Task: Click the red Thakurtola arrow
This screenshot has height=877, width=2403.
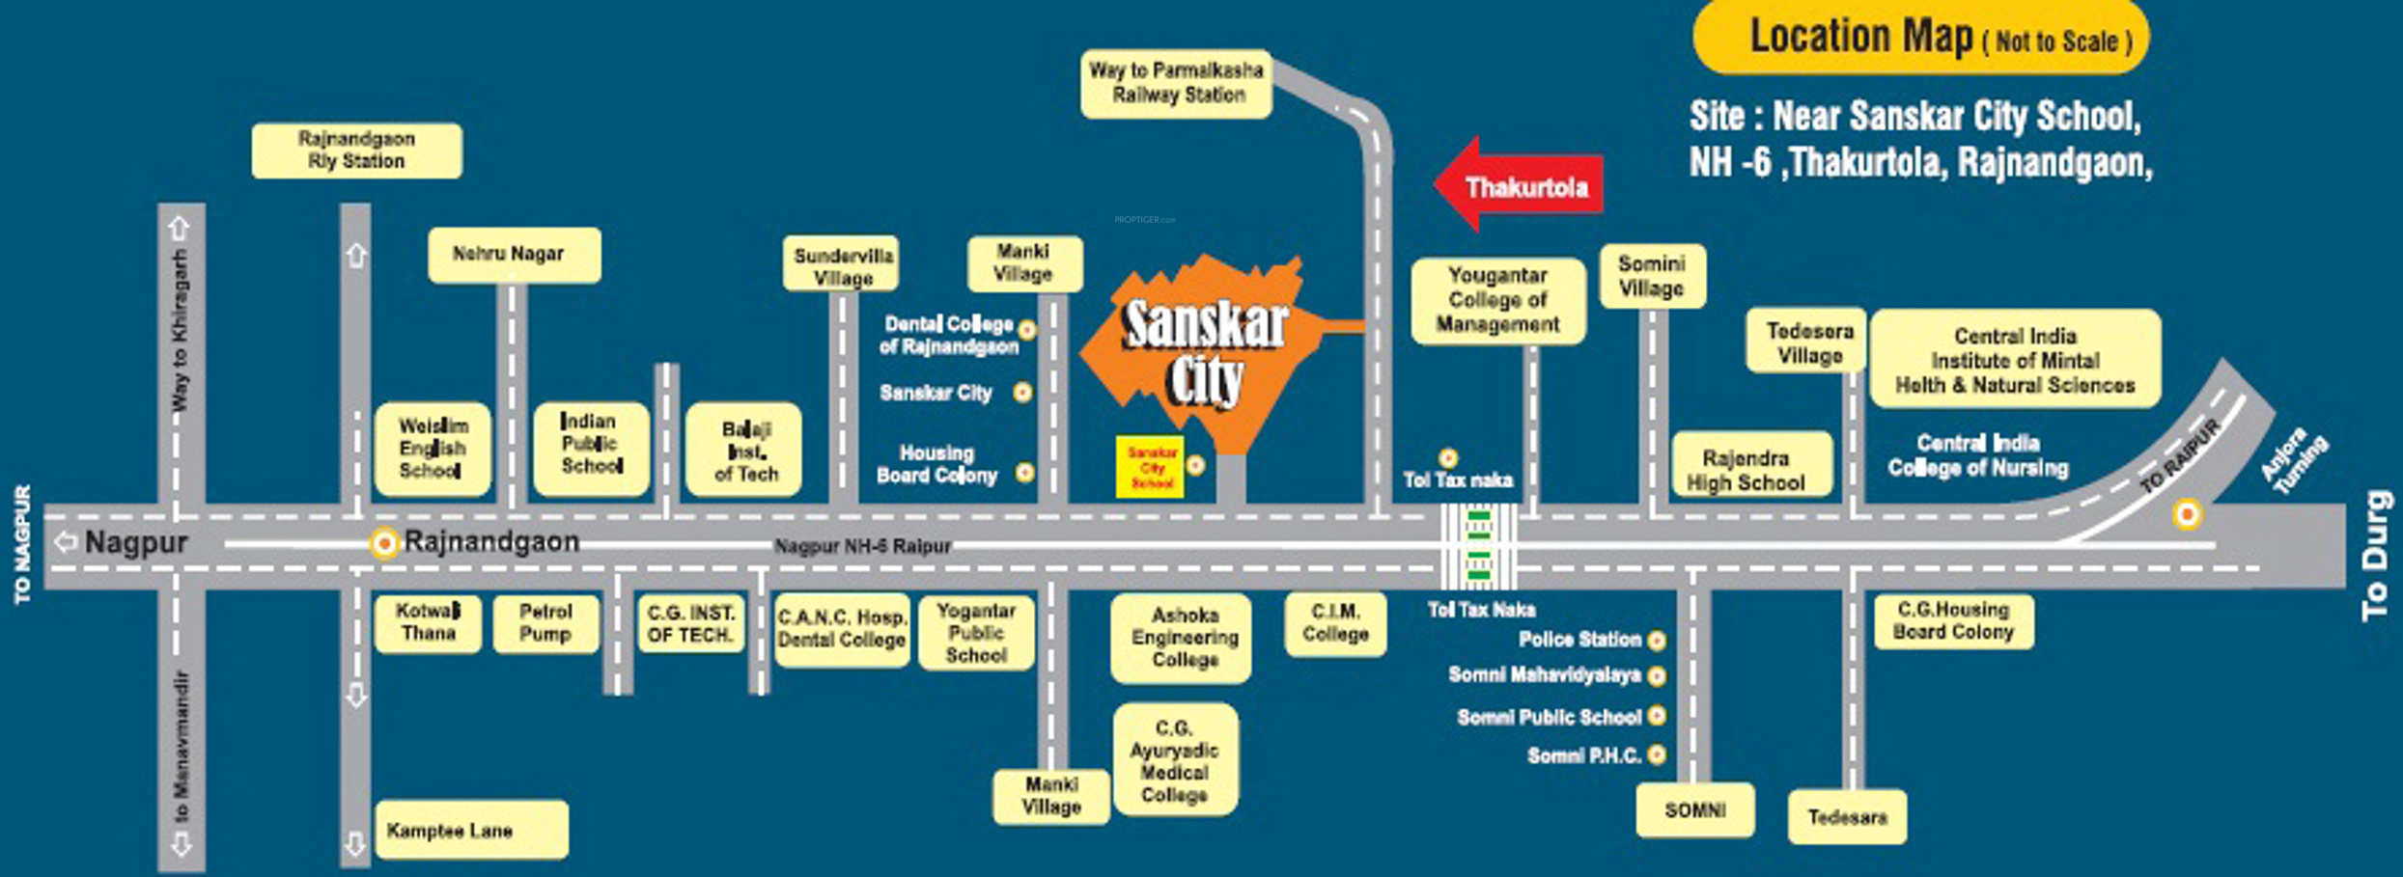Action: click(1517, 185)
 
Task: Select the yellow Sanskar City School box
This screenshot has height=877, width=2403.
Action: click(1151, 467)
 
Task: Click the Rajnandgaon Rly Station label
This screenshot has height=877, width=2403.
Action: click(356, 151)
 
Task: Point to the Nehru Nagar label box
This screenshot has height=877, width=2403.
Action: click(514, 255)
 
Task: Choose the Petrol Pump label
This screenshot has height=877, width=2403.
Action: click(545, 623)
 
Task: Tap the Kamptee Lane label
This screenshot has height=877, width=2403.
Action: click(470, 830)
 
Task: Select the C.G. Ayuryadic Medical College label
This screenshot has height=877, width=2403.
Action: click(1175, 760)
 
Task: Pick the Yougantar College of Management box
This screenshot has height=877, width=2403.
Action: click(1497, 300)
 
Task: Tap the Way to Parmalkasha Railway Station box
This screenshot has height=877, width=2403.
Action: click(1176, 83)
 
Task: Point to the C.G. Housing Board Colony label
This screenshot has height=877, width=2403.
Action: click(1952, 621)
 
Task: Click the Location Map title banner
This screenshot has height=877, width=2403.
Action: click(1920, 38)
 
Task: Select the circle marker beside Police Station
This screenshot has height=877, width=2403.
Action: click(1657, 640)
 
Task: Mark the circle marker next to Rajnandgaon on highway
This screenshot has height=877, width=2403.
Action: click(384, 544)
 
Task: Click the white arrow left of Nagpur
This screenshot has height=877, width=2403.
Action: click(66, 542)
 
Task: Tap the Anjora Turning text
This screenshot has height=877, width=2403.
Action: click(2294, 460)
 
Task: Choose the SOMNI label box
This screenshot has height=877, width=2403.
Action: click(1694, 810)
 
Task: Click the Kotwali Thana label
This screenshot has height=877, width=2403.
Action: click(428, 623)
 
